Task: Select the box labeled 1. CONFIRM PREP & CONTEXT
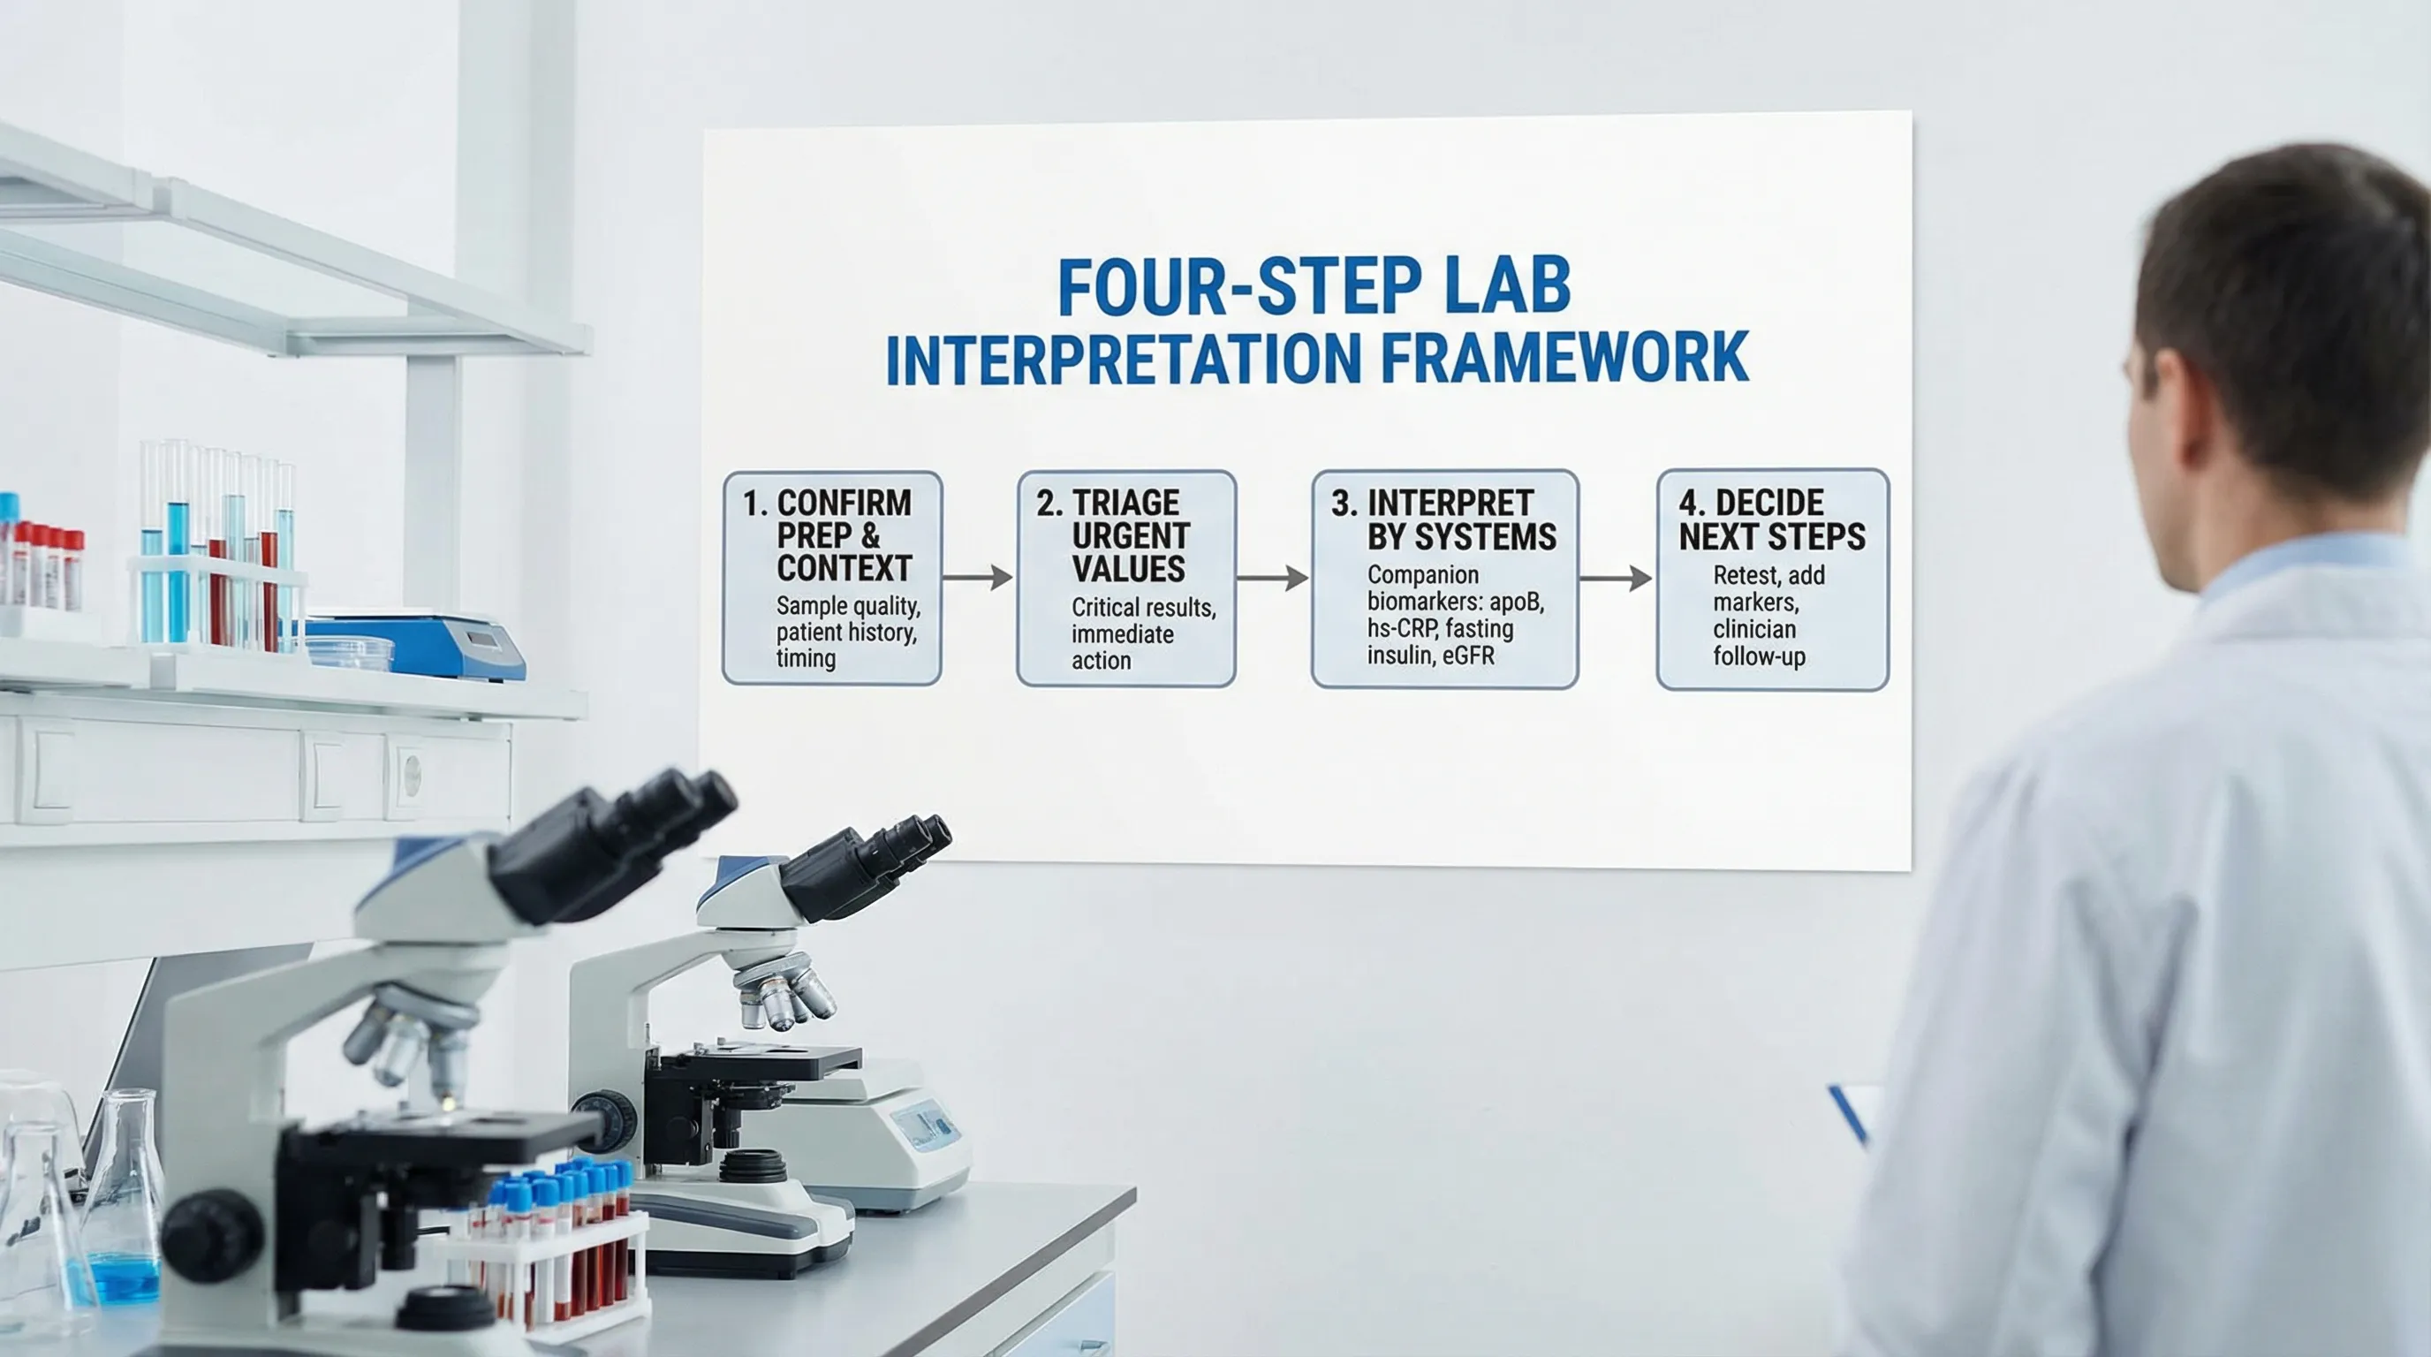[832, 579]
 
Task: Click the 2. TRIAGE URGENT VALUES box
[1127, 579]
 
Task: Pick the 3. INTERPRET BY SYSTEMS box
[1445, 580]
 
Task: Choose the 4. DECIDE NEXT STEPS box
[1773, 580]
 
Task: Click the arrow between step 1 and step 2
[978, 577]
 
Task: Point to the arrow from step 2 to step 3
[1273, 577]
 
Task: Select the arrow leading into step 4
[1616, 578]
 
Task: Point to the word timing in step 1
[806, 658]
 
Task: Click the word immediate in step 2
[1122, 633]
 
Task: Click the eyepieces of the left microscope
[613, 841]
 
